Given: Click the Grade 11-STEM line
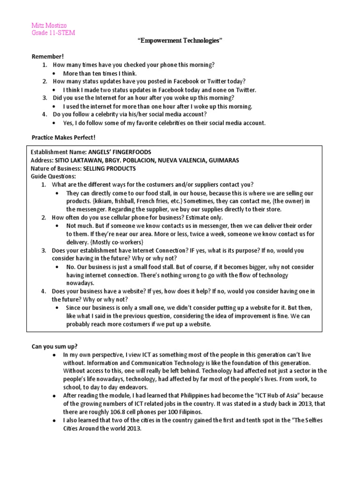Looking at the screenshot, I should (53, 32).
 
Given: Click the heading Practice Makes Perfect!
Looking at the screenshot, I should (63, 138).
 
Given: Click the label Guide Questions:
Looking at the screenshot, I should (52, 176).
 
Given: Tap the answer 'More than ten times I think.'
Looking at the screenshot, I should (100, 74).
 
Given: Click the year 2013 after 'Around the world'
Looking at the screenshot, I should (133, 428).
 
